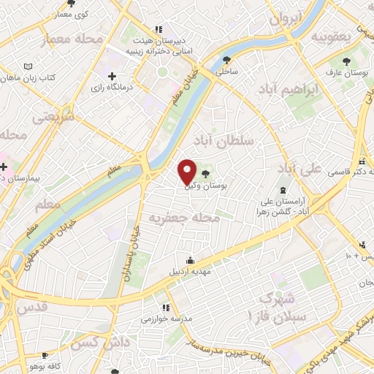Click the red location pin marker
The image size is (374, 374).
coord(188,172)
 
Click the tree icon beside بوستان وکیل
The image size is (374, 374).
coord(205,173)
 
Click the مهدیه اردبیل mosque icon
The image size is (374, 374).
coord(191,261)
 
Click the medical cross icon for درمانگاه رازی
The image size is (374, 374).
coord(112,76)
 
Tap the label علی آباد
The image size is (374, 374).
coord(300,168)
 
